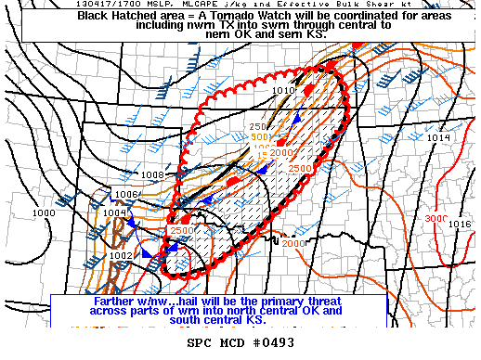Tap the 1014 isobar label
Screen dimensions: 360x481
click(438, 137)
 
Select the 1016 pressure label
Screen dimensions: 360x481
click(459, 225)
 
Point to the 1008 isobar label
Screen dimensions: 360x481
click(153, 174)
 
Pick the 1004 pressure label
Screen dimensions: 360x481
click(114, 212)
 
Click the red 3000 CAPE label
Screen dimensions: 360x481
click(435, 218)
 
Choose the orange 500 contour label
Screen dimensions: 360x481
click(262, 137)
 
